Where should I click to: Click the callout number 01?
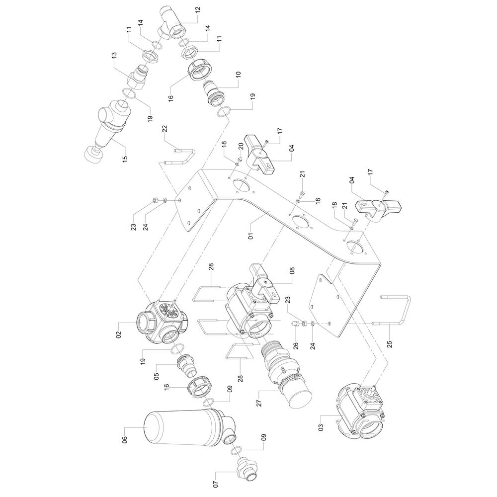[x=250, y=236]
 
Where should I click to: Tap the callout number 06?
[x=125, y=440]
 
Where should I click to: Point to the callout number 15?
[x=125, y=157]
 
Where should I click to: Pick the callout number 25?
[x=390, y=344]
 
